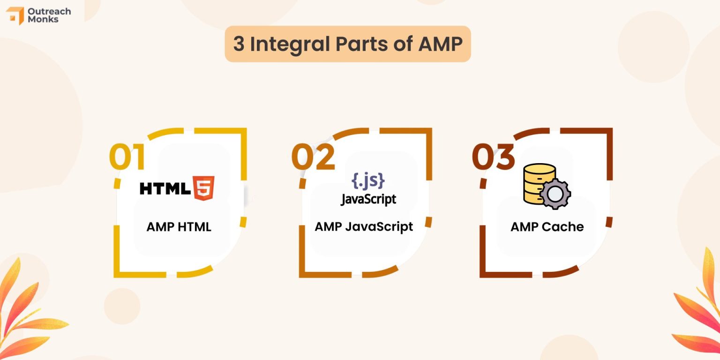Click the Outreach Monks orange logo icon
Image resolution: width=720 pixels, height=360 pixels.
[x=15, y=15]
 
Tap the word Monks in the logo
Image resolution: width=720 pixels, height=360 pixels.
[x=43, y=20]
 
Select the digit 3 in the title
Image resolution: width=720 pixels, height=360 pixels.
[x=239, y=44]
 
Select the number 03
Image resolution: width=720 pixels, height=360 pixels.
[x=493, y=157]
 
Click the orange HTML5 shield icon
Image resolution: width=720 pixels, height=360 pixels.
[x=204, y=188]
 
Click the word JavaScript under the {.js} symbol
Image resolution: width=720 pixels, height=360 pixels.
[x=368, y=199]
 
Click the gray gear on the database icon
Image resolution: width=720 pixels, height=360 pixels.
[x=555, y=193]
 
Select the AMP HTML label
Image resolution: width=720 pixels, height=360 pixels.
[x=179, y=227]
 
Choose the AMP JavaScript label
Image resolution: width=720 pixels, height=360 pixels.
[x=364, y=226]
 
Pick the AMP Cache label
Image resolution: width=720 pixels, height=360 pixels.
[x=547, y=227]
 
